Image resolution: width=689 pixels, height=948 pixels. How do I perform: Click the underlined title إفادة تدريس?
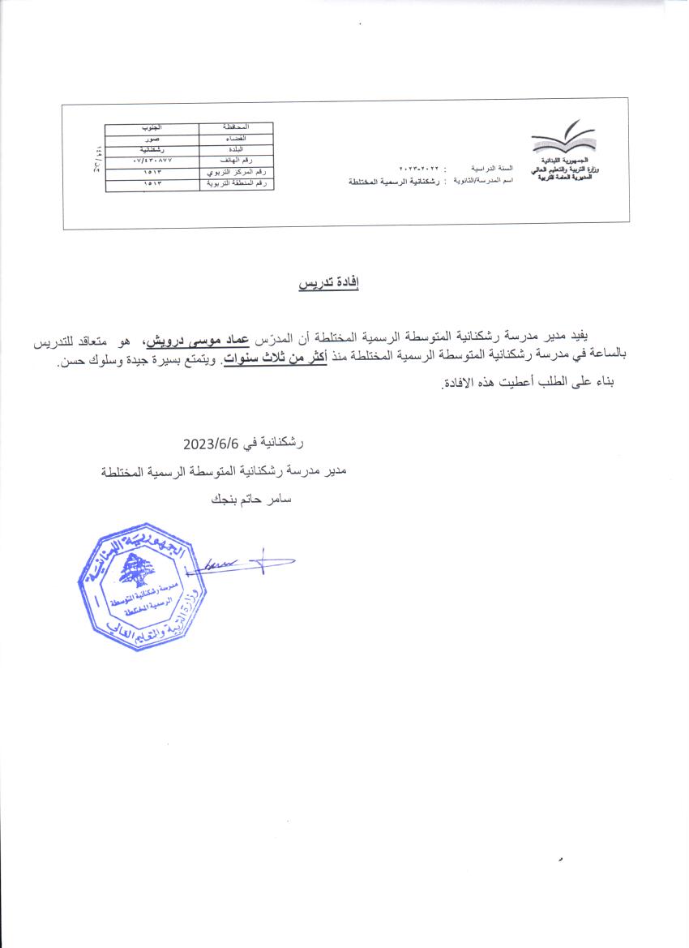point(328,284)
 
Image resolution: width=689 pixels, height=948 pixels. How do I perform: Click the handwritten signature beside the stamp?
point(243,561)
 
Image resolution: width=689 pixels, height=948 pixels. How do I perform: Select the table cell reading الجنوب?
point(152,128)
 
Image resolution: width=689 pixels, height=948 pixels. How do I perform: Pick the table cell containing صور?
point(152,139)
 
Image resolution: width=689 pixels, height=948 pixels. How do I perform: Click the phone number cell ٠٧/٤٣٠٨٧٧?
point(152,161)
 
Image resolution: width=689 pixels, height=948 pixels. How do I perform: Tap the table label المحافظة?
point(236,128)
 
